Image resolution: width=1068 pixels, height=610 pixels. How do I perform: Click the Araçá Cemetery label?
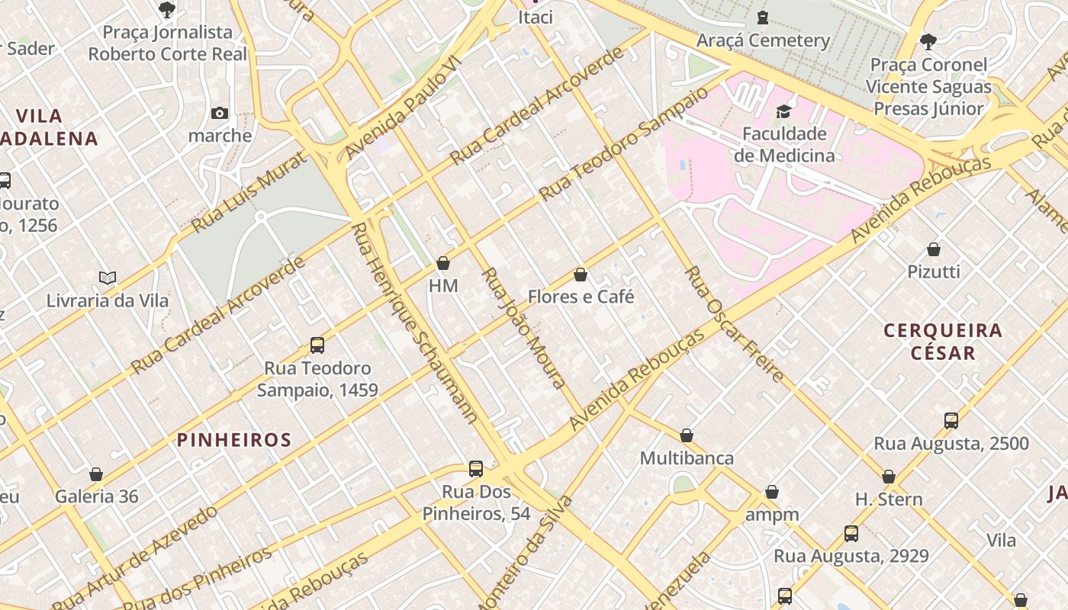[763, 40]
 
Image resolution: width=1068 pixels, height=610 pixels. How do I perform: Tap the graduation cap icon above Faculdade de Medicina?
[783, 112]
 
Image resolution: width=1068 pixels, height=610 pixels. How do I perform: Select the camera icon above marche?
[220, 114]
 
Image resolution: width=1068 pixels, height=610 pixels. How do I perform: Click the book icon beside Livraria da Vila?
[108, 278]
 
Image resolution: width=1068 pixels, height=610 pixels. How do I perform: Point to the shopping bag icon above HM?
[443, 263]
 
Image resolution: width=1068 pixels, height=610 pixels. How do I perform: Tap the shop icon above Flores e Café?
[581, 274]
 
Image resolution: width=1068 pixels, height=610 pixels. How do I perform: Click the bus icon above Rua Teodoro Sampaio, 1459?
[317, 345]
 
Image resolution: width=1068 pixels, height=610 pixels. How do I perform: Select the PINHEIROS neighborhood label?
[234, 440]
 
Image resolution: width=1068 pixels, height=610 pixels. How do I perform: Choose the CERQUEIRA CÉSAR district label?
[943, 342]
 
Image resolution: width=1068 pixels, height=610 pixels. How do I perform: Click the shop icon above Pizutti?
[934, 249]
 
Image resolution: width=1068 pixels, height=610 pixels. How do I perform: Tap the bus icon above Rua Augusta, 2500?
[951, 421]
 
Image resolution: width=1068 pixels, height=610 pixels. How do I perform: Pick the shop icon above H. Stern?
[889, 477]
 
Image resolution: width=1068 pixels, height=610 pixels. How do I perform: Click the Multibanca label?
[687, 458]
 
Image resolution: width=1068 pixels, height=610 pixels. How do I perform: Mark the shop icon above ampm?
[772, 493]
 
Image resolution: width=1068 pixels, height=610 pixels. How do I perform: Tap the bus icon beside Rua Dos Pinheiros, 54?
[476, 469]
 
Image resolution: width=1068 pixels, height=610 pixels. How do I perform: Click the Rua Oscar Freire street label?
[735, 324]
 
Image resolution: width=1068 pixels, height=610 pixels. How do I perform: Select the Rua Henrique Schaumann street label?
[416, 322]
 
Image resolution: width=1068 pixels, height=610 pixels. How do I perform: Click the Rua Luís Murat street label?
[249, 191]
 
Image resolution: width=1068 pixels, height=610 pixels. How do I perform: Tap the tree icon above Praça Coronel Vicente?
[928, 41]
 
